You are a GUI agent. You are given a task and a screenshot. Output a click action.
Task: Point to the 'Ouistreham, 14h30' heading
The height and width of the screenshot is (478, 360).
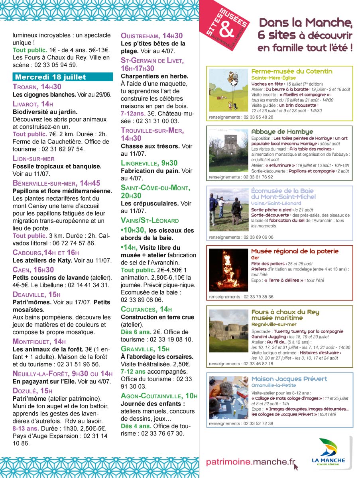[152, 36]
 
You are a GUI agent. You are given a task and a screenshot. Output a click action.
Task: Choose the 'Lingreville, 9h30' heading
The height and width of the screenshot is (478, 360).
[149, 163]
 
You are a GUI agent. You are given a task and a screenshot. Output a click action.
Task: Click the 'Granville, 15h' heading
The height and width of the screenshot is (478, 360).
[145, 349]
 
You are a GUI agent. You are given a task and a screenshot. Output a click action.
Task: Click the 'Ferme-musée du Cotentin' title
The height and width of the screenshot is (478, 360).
[292, 71]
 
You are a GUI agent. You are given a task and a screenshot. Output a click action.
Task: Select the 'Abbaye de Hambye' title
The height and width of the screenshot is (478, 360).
[282, 131]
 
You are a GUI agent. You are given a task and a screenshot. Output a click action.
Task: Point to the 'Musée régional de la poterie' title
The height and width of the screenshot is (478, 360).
[295, 251]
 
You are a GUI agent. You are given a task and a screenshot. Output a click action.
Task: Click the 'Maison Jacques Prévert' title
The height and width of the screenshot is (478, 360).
[289, 379]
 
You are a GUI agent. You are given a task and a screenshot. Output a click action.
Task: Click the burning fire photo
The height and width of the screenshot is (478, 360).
[228, 270]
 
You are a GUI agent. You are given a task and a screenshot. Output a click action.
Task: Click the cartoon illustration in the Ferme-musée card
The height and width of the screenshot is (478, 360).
[228, 90]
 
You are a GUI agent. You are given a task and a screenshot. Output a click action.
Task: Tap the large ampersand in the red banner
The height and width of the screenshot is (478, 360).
[226, 29]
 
